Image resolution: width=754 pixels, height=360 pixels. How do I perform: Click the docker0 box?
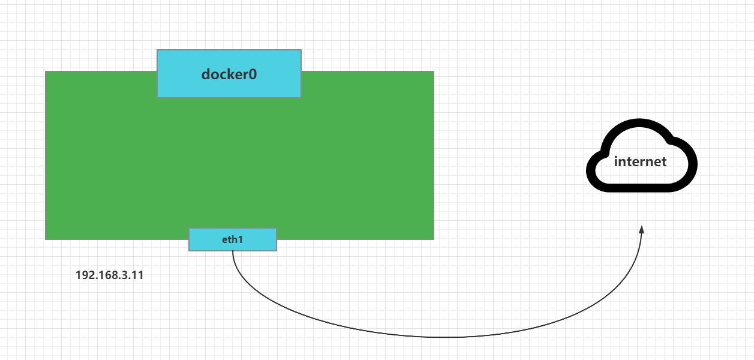click(x=229, y=73)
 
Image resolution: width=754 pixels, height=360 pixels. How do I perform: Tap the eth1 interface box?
click(x=233, y=239)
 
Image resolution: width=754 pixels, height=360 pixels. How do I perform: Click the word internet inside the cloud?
click(x=640, y=161)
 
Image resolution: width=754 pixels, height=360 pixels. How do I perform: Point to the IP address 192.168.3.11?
click(x=109, y=275)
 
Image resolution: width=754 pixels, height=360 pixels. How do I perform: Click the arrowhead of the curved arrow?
click(x=642, y=230)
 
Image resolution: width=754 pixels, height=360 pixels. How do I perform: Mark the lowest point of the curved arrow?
click(x=444, y=337)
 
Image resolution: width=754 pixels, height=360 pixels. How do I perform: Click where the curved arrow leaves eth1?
click(x=233, y=251)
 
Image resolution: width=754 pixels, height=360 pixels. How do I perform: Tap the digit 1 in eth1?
click(x=241, y=239)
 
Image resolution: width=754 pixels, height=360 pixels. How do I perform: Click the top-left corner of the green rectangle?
click(x=46, y=71)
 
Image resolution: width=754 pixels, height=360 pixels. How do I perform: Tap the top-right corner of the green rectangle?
click(x=433, y=71)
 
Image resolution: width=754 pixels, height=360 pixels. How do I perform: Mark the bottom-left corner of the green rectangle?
click(x=46, y=239)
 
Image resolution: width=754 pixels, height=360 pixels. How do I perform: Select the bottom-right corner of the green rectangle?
click(x=433, y=239)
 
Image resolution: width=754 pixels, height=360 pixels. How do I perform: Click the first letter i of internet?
click(x=616, y=161)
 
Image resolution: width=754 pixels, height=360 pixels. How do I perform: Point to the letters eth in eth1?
click(x=229, y=239)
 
